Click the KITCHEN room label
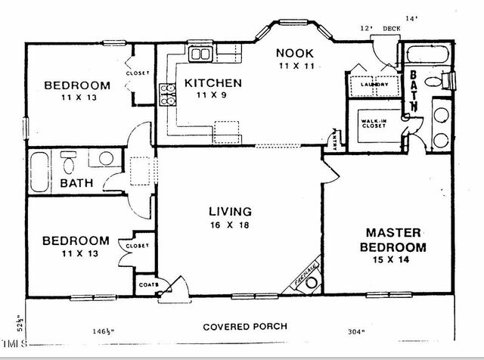pyautogui.click(x=213, y=82)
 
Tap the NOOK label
pyautogui.click(x=290, y=53)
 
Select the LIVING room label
pyautogui.click(x=231, y=212)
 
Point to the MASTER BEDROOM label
pyautogui.click(x=396, y=240)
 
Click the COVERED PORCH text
pyautogui.click(x=245, y=327)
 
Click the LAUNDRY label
pyautogui.click(x=374, y=85)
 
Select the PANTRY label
pyautogui.click(x=334, y=139)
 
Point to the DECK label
pyautogui.click(x=391, y=28)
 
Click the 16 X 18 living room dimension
pyautogui.click(x=231, y=225)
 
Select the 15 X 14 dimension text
pyautogui.click(x=396, y=261)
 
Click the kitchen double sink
pyautogui.click(x=200, y=54)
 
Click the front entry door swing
pyautogui.click(x=178, y=288)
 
